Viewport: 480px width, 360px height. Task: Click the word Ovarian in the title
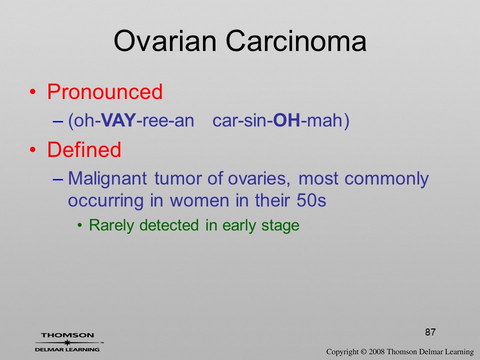tap(165, 41)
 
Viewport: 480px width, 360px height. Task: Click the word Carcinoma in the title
tap(296, 41)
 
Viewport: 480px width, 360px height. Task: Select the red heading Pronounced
tap(104, 91)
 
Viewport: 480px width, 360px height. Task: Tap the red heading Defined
tap(84, 149)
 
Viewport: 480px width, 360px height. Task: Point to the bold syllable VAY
tap(118, 120)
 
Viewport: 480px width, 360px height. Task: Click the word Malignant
tap(107, 179)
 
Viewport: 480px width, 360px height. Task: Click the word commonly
tap(386, 179)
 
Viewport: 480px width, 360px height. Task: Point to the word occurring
tap(105, 201)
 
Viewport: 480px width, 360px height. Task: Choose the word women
tap(199, 201)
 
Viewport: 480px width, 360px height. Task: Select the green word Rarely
tap(111, 225)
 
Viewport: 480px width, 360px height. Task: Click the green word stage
tap(280, 226)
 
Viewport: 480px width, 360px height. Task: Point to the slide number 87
tap(430, 332)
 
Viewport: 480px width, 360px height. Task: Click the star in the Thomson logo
tap(67, 342)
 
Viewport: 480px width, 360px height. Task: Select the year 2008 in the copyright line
tap(376, 351)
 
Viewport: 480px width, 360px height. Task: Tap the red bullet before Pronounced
tap(32, 92)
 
